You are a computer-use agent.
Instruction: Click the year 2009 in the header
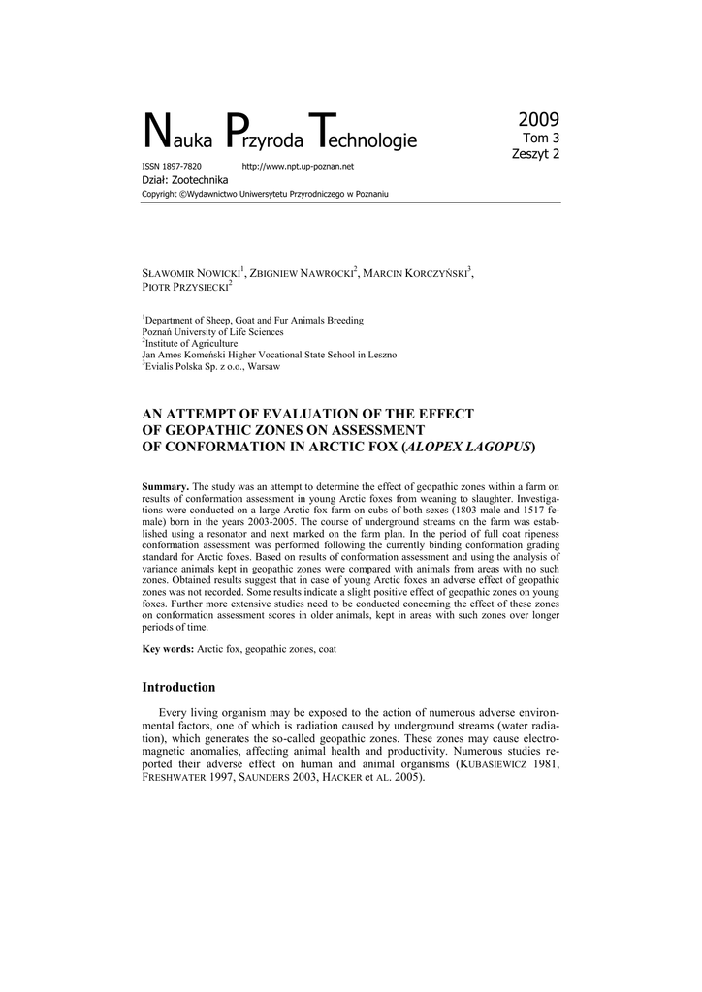pyautogui.click(x=538, y=120)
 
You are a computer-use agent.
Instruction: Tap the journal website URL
pyautogui.click(x=297, y=167)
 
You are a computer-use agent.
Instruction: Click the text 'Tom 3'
pyautogui.click(x=542, y=139)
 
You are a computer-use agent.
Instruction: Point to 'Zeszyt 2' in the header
pyautogui.click(x=535, y=154)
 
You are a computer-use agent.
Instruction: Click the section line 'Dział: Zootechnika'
pyautogui.click(x=185, y=180)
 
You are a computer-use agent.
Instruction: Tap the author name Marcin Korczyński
pyautogui.click(x=417, y=274)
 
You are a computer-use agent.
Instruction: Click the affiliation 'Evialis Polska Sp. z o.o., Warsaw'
pyautogui.click(x=213, y=366)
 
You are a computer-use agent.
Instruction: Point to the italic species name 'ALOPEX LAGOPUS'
pyautogui.click(x=466, y=446)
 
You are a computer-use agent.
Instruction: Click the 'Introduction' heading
pyautogui.click(x=178, y=687)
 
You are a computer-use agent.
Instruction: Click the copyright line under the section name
pyautogui.click(x=265, y=194)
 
